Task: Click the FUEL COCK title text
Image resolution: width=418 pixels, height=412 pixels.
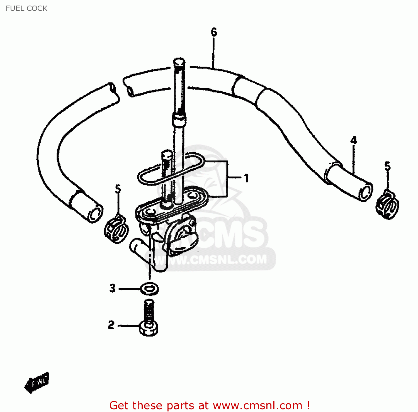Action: pos(26,8)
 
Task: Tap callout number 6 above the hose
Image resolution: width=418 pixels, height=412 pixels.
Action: pos(214,32)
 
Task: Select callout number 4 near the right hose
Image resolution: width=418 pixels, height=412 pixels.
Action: pos(353,140)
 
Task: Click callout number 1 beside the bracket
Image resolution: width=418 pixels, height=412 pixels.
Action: pos(246,178)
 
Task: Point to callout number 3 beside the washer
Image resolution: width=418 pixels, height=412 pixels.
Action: pos(112,288)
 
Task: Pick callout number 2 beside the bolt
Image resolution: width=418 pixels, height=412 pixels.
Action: pos(111,325)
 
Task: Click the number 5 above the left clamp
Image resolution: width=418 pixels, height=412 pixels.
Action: pos(118,189)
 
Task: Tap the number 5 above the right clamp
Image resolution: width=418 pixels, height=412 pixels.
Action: pos(387,166)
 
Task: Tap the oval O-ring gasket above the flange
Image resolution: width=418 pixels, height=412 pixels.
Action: pos(171,169)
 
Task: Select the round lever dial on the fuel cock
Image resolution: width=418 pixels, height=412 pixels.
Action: pos(183,237)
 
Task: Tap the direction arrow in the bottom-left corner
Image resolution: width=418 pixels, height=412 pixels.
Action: pos(37,382)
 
